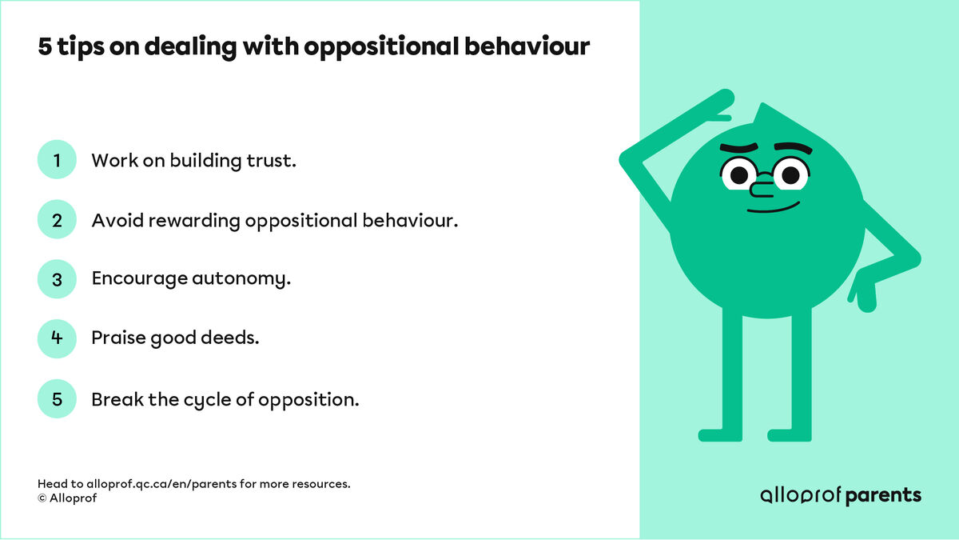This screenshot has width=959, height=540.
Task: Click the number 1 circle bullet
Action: tap(57, 160)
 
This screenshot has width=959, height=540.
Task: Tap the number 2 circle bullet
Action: tap(57, 220)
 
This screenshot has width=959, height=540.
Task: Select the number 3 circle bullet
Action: tap(57, 279)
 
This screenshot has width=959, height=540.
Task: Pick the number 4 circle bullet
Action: tap(57, 338)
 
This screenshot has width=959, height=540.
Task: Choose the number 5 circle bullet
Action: tap(57, 398)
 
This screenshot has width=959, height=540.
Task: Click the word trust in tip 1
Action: tap(271, 160)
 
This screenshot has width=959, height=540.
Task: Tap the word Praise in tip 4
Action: tap(116, 338)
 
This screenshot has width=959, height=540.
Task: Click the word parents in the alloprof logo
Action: tap(883, 495)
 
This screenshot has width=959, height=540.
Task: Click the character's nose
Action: tap(763, 189)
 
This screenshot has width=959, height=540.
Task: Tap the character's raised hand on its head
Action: tap(719, 102)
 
